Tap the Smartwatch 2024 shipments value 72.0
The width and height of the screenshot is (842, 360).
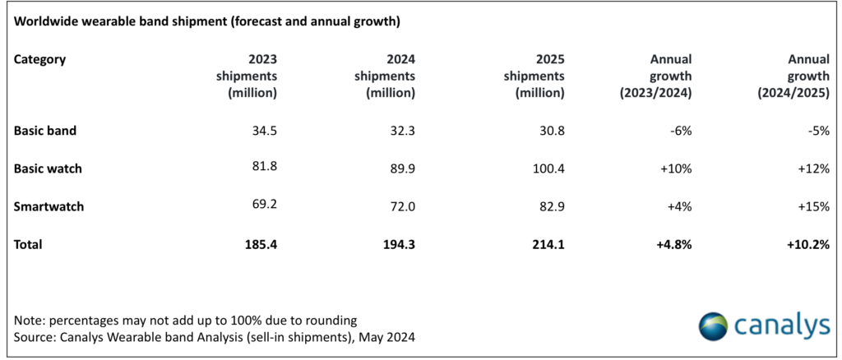[400, 206]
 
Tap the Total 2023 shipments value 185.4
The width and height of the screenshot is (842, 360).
[260, 245]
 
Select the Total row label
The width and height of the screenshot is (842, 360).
[28, 245]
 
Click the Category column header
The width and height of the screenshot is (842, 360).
[40, 59]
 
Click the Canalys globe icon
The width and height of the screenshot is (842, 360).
[713, 325]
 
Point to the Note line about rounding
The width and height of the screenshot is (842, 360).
[186, 320]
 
